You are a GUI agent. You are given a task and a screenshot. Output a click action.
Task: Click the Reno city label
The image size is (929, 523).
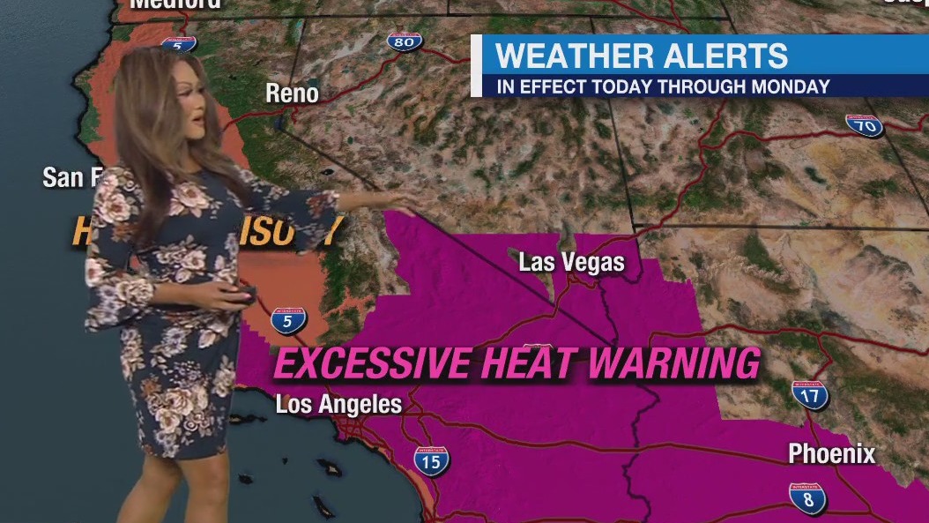pyautogui.click(x=292, y=93)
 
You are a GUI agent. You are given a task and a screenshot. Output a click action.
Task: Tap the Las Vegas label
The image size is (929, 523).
pyautogui.click(x=571, y=262)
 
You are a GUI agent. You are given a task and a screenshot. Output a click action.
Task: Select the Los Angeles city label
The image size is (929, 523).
pyautogui.click(x=338, y=405)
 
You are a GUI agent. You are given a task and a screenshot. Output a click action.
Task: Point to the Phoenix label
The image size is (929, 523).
pyautogui.click(x=831, y=453)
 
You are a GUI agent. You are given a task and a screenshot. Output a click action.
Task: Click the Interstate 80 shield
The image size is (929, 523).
pyautogui.click(x=405, y=41)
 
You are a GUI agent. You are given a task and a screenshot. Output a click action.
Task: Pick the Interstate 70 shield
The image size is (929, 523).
pyautogui.click(x=864, y=125)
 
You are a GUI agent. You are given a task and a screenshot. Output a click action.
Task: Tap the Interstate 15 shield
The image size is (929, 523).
pyautogui.click(x=431, y=460)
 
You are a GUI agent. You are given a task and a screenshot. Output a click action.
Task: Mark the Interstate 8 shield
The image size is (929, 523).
pyautogui.click(x=807, y=498)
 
